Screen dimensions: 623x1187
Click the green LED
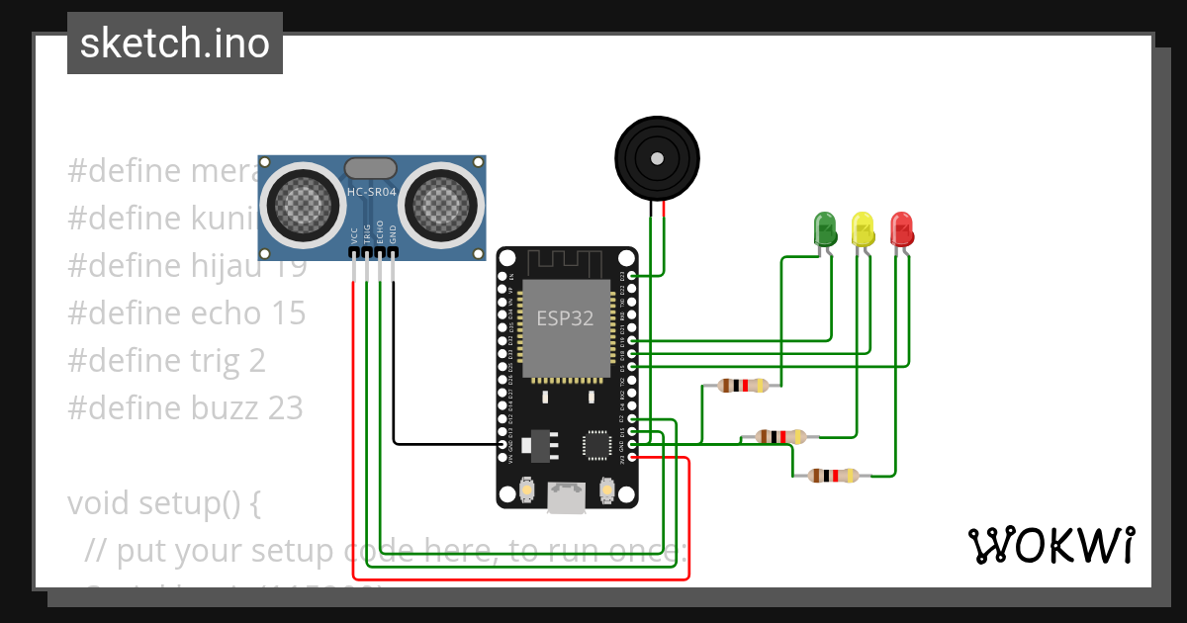[x=823, y=228]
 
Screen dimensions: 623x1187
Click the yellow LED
[x=863, y=228]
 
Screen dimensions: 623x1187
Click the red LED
[x=901, y=228]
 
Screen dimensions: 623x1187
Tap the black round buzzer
[x=657, y=157]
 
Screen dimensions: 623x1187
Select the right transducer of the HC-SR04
[x=442, y=204]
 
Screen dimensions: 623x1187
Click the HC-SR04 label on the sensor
[x=371, y=191]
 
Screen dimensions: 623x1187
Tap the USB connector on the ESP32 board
[x=567, y=499]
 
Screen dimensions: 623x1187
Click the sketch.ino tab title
[x=175, y=44]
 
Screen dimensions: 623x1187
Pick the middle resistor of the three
[x=781, y=436]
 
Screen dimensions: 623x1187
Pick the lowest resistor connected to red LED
[x=834, y=476]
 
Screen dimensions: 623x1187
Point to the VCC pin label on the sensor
[x=354, y=235]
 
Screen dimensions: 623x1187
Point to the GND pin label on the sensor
[x=393, y=235]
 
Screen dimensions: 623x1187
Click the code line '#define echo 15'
[x=187, y=313]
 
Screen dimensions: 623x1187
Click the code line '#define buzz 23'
[x=185, y=408]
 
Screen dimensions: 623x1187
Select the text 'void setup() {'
[x=164, y=503]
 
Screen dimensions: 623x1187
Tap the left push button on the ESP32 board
[x=526, y=489]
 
